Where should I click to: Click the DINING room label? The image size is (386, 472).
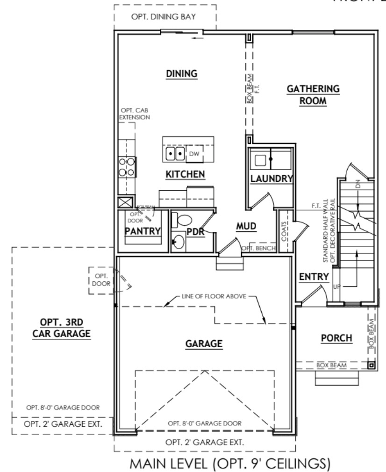point(182,74)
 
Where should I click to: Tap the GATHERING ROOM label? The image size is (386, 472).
point(313,95)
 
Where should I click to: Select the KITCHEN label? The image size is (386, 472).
point(186,174)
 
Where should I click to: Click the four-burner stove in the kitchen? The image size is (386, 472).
point(127,166)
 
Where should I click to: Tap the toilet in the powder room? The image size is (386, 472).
point(183,220)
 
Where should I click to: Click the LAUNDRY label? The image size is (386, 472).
point(271,179)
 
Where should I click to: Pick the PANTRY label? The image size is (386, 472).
point(143,231)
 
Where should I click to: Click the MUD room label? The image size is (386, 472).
point(246,227)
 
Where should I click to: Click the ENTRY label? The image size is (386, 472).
point(314,277)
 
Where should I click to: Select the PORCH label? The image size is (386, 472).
point(336,338)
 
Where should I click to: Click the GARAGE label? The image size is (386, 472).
point(203,343)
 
